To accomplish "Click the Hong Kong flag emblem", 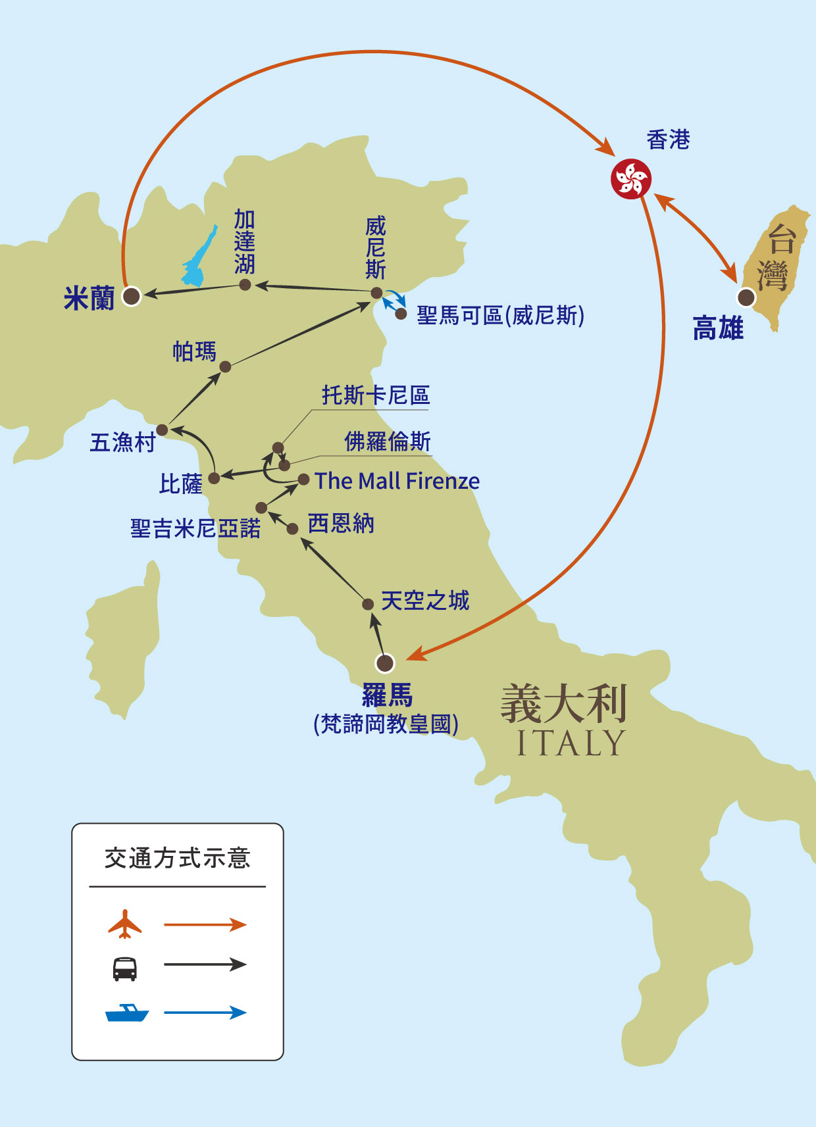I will coord(630,179).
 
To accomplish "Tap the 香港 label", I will coord(668,140).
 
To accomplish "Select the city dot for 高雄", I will coord(746,297).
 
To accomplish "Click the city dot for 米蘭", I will coord(132,296).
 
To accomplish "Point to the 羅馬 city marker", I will coord(384,663).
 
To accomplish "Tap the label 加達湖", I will coord(245,241).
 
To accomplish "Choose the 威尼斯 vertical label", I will coord(376,247).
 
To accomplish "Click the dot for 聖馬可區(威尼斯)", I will coord(401,314).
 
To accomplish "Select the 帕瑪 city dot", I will coord(225,366).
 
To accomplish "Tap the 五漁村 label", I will coord(122,442).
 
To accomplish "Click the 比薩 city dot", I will coord(214,478).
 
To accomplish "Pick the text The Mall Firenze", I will coord(397,481).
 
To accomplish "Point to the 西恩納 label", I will coord(341,524).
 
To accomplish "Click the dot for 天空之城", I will coord(368,605).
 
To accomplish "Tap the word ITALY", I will coord(571,743).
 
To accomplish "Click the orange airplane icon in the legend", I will coord(125,924).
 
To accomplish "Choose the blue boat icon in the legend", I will coord(127,1013).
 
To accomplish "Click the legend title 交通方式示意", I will coord(178,859).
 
